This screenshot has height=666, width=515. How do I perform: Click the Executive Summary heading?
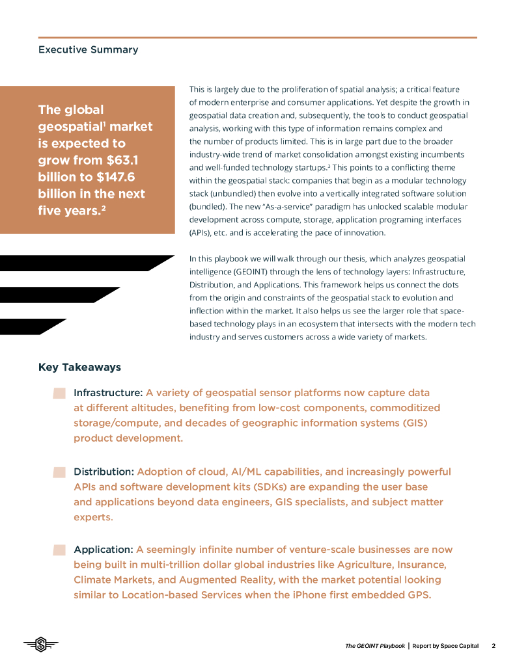pos(88,49)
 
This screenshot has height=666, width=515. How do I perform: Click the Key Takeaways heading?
pos(79,367)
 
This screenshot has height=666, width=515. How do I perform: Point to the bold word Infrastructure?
pos(108,393)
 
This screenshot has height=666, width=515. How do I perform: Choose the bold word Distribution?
pos(104,472)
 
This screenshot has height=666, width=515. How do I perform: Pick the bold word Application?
pos(104,550)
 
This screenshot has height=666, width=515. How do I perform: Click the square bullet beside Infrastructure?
pos(59,393)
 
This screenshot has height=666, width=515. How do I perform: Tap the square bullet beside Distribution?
pos(59,472)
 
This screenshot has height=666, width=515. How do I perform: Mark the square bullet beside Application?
pos(59,550)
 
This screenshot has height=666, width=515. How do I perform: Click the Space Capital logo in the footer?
pos(41,645)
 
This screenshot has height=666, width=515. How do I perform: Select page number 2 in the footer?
pos(494,646)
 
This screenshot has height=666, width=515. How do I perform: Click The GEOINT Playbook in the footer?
pos(374,646)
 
